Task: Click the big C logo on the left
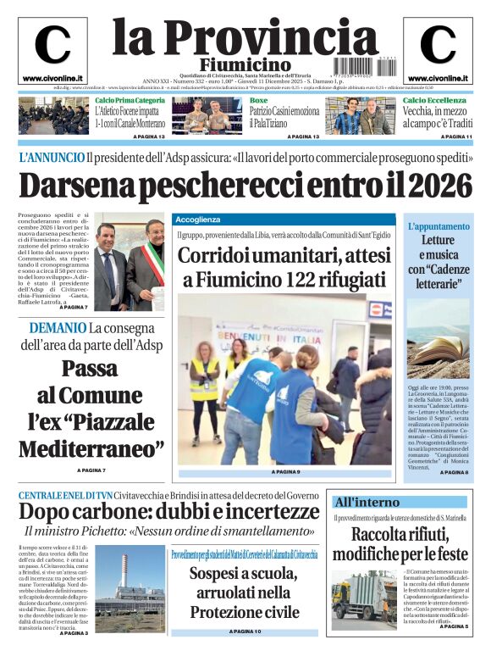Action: click(52, 45)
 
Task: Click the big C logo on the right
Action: click(438, 45)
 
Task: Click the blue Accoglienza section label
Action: click(199, 219)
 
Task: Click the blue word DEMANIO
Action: click(58, 328)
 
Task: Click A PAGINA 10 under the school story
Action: click(245, 631)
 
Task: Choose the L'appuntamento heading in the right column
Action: click(438, 227)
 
